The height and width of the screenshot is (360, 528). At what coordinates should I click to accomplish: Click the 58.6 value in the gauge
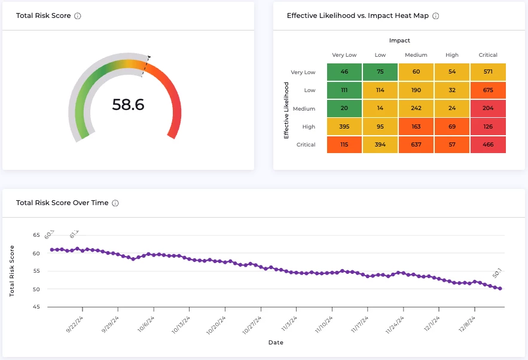[128, 105]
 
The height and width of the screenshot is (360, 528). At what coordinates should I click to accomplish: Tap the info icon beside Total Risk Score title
[78, 16]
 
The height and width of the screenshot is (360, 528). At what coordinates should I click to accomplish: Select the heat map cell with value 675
[488, 90]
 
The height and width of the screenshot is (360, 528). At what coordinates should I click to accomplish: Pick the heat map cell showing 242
[416, 109]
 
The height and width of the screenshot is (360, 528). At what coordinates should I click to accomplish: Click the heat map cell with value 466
[488, 145]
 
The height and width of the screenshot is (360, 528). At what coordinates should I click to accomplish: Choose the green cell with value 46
[344, 72]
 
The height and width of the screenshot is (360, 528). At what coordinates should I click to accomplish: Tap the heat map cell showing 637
[416, 145]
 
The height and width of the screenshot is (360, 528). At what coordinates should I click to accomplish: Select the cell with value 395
[344, 127]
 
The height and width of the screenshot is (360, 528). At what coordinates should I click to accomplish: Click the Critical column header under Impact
[488, 55]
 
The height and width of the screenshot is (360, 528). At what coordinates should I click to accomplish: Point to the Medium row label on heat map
[304, 109]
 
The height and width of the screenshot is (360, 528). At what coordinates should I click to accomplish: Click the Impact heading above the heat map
[399, 41]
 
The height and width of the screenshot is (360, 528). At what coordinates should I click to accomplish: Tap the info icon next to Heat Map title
[435, 16]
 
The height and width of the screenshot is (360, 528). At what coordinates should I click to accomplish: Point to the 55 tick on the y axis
[36, 271]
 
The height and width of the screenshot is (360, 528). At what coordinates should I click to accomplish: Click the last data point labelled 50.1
[500, 288]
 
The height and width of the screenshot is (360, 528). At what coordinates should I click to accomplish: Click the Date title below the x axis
[276, 343]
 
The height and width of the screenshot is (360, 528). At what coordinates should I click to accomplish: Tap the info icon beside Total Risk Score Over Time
[115, 203]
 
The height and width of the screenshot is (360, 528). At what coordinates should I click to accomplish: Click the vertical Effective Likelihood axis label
[287, 110]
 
